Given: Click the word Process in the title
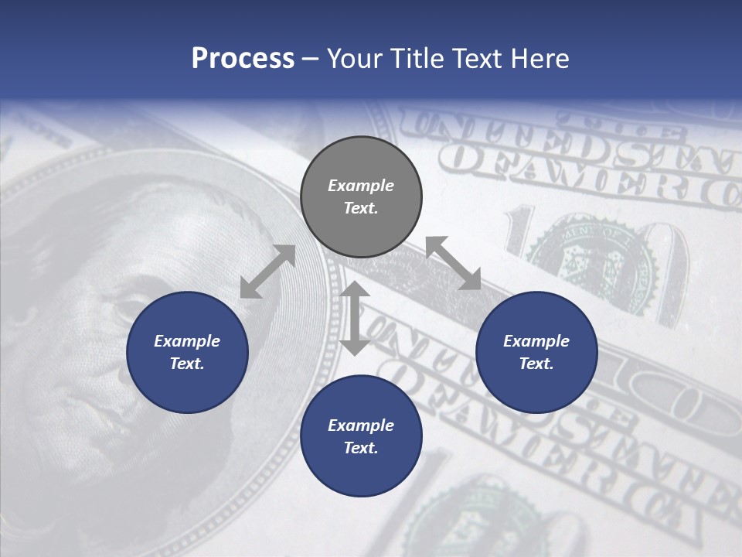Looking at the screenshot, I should click(243, 59).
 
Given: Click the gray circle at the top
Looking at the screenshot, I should click(361, 196).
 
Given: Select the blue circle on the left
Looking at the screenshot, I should click(187, 352).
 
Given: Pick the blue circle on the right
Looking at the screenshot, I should click(536, 352).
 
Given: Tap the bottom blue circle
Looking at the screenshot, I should click(361, 436).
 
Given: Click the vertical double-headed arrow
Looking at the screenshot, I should click(355, 318).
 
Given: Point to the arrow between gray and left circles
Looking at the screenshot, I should click(267, 272).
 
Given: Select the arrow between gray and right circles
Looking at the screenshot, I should click(454, 263).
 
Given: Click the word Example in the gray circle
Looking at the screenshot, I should click(361, 186).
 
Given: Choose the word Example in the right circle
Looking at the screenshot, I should click(536, 341).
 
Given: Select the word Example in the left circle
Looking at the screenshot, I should click(187, 341).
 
